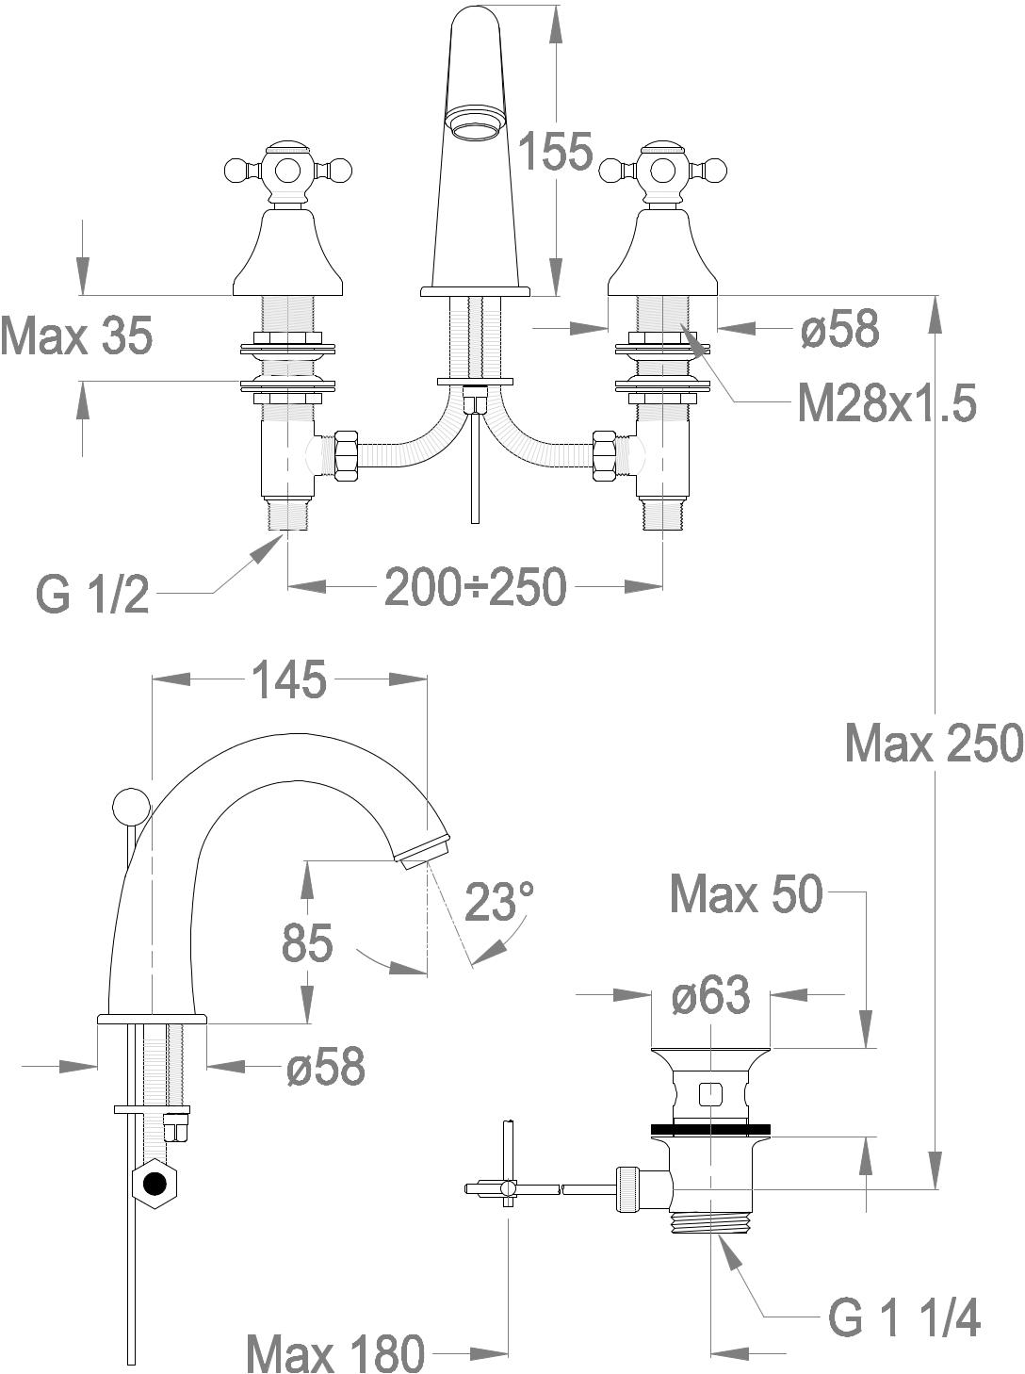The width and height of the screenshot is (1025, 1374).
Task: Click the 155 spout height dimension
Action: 556,151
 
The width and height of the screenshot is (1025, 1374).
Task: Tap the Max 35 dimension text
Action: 76,336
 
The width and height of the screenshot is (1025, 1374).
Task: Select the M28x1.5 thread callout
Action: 887,404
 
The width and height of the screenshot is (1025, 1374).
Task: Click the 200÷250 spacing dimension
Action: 475,586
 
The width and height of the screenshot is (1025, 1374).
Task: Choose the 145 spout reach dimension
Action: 290,679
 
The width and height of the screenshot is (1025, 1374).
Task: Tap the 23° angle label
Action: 500,901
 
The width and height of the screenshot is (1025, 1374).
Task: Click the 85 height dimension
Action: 306,942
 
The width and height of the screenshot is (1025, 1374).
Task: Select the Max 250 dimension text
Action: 935,743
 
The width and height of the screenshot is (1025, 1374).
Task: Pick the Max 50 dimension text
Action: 746,894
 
